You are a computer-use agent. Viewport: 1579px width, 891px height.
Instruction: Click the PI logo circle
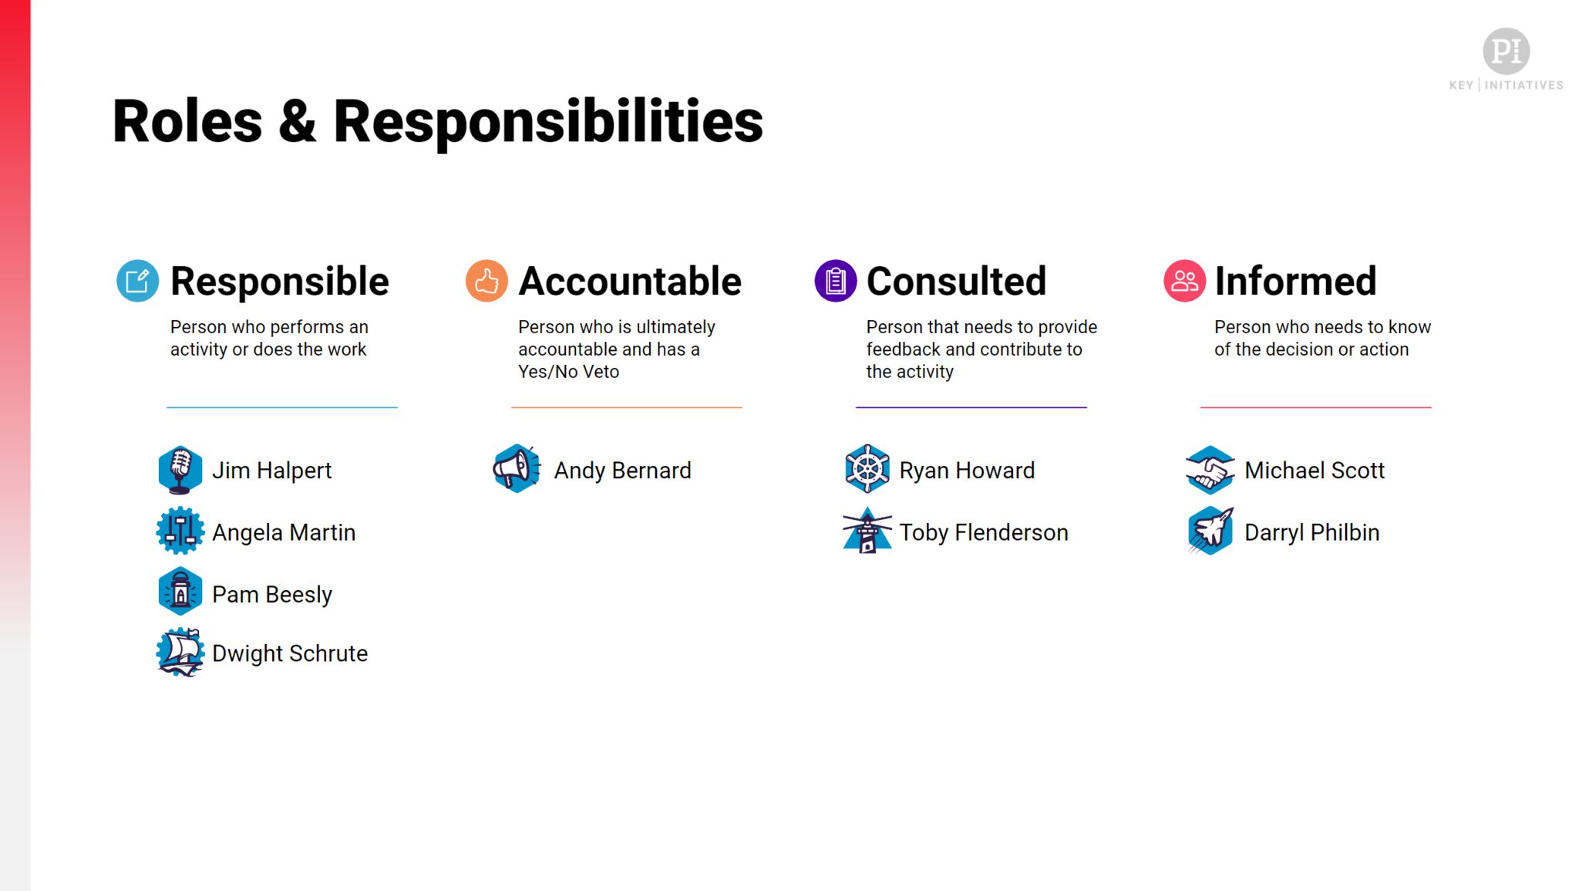(1506, 51)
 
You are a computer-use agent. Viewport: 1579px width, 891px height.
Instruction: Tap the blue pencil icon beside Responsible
(138, 281)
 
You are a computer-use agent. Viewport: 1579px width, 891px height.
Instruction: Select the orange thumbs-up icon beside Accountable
(486, 281)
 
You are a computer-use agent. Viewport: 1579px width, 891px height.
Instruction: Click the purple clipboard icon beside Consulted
(835, 281)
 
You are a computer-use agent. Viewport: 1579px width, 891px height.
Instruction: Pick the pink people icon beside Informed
(1184, 281)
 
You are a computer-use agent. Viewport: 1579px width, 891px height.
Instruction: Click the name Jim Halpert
(271, 471)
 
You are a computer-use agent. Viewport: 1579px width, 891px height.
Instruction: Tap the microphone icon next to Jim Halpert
(180, 470)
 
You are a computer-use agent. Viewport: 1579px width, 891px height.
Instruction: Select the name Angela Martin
(284, 532)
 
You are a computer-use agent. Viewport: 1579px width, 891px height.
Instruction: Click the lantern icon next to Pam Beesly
(180, 592)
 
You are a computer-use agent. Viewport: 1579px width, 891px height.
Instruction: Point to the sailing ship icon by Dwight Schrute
(180, 653)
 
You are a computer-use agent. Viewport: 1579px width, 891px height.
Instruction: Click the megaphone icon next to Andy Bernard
(517, 468)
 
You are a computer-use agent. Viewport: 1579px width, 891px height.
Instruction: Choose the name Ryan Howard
(967, 471)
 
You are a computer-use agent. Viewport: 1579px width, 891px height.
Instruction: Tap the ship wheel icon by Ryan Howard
(867, 468)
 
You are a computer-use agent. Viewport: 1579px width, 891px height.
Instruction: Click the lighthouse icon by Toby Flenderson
(867, 531)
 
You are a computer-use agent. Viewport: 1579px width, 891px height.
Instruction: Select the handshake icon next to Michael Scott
(1210, 470)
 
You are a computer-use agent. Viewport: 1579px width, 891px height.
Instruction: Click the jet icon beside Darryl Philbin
(1210, 531)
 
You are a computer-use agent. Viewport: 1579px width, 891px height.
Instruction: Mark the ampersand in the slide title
(298, 122)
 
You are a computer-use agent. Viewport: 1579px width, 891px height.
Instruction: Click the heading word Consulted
(956, 281)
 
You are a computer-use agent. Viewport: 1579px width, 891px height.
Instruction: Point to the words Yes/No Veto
(568, 372)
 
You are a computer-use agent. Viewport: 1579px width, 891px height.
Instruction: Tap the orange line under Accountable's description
(626, 407)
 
